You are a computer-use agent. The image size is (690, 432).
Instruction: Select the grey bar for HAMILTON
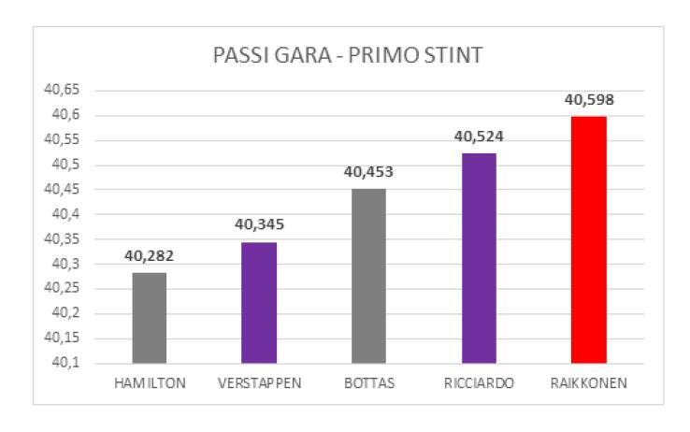pyautogui.click(x=149, y=318)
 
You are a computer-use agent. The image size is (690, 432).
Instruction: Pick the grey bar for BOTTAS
pyautogui.click(x=368, y=276)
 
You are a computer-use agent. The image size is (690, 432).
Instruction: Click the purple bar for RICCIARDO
pyautogui.click(x=479, y=258)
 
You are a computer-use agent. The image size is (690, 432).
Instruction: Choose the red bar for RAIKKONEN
pyautogui.click(x=589, y=239)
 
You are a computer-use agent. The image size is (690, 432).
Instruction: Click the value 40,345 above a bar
pyautogui.click(x=259, y=225)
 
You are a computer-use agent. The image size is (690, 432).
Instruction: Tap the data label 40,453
pyautogui.click(x=368, y=172)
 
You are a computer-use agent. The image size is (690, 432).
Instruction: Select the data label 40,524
pyautogui.click(x=479, y=137)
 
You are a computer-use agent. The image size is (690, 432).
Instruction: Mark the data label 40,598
pyautogui.click(x=589, y=100)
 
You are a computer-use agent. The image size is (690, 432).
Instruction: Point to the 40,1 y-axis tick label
pyautogui.click(x=62, y=363)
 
